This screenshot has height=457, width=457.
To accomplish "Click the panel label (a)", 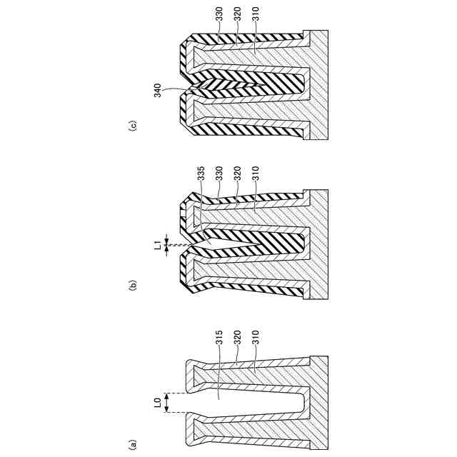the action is pyautogui.click(x=132, y=443).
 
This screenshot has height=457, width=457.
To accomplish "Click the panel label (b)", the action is pyautogui.click(x=132, y=286).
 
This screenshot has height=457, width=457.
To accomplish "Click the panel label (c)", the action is pyautogui.click(x=132, y=126).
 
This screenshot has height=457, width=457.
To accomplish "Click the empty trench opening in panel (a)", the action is pyautogui.click(x=243, y=403).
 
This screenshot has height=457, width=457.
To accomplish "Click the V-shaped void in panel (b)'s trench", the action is pyautogui.click(x=214, y=246).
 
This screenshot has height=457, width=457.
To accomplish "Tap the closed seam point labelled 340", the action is pyautogui.click(x=187, y=91).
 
